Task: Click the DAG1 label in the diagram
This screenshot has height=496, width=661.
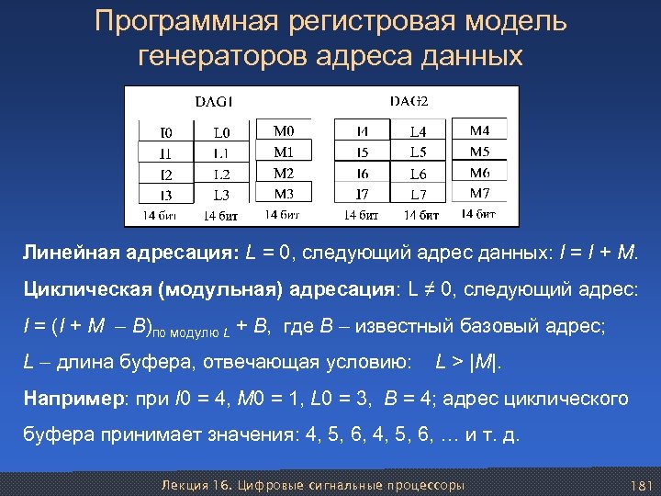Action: click(215, 100)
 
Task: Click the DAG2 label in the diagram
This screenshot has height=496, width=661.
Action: click(410, 100)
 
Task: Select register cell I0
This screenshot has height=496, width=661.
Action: click(165, 132)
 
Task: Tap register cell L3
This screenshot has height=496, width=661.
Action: click(222, 195)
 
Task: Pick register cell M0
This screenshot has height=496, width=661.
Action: click(285, 131)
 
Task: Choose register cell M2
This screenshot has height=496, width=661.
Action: click(285, 173)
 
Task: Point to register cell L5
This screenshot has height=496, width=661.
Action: click(419, 152)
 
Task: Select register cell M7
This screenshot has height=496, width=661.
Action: click(480, 193)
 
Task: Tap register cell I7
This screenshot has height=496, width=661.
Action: click(362, 195)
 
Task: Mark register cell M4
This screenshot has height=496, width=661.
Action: click(480, 131)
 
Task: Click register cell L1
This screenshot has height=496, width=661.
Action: click(222, 152)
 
